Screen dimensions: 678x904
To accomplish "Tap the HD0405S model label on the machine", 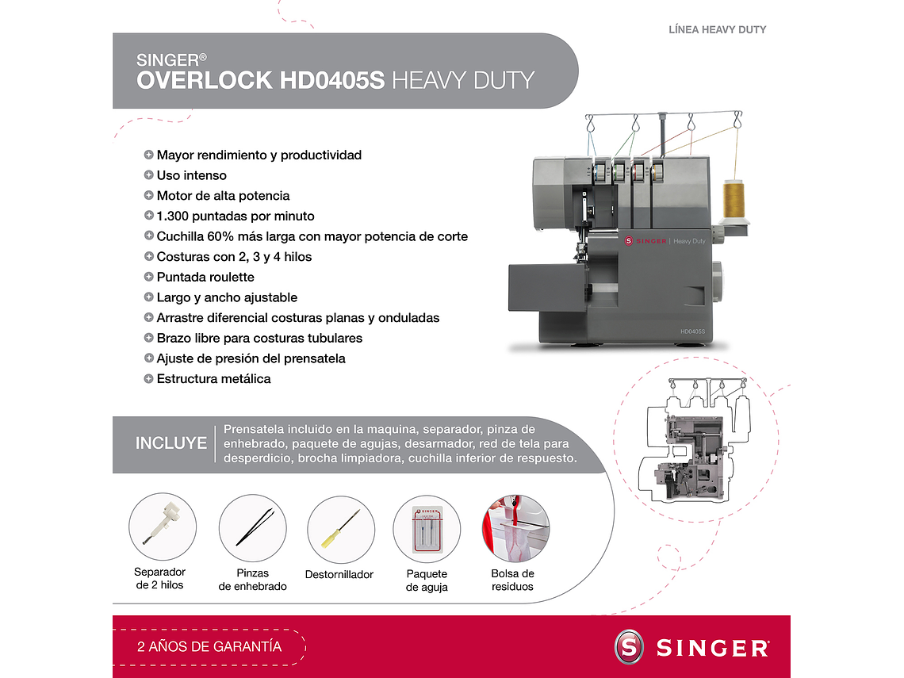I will tap(691, 331).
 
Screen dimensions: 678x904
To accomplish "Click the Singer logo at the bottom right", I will tap(691, 647).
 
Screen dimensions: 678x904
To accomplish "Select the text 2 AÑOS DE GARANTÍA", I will tap(209, 646).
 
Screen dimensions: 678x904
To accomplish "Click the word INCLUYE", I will tap(170, 443).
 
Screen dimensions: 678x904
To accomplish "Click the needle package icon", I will tap(427, 530).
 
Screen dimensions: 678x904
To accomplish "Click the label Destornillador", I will tap(339, 574).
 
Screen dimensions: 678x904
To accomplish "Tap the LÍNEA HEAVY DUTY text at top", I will tap(717, 29).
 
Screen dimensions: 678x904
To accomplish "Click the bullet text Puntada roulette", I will tap(205, 277).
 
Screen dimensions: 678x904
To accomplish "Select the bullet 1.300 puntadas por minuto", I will tap(236, 216).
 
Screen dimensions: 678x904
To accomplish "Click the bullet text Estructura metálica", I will tap(213, 378).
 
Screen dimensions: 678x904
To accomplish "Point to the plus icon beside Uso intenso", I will tap(148, 175).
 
